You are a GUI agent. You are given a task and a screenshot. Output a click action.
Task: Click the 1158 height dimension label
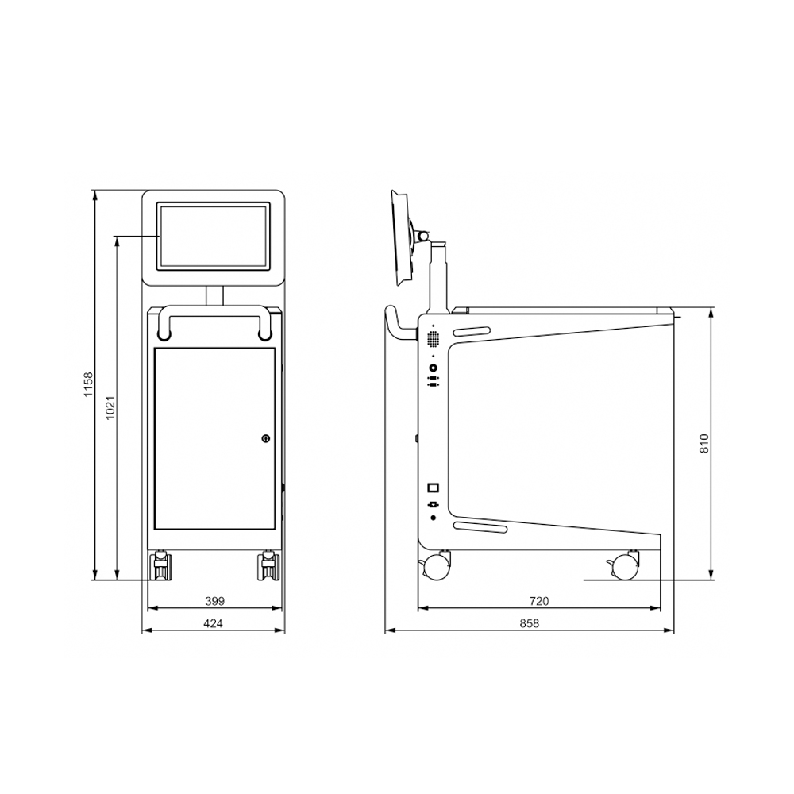89,385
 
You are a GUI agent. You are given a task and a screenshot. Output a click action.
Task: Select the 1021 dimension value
111,407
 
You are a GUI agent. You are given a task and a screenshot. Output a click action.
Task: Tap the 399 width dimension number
214,601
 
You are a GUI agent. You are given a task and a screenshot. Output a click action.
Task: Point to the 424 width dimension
213,623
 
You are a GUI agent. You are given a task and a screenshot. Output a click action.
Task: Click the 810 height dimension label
704,444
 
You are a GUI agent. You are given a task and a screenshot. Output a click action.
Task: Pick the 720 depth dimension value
539,601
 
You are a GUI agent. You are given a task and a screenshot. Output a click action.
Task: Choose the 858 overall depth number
530,623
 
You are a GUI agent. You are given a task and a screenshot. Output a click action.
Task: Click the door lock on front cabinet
266,438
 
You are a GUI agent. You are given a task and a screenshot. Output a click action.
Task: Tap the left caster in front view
161,566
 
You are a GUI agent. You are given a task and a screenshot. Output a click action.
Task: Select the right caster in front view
269,566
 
